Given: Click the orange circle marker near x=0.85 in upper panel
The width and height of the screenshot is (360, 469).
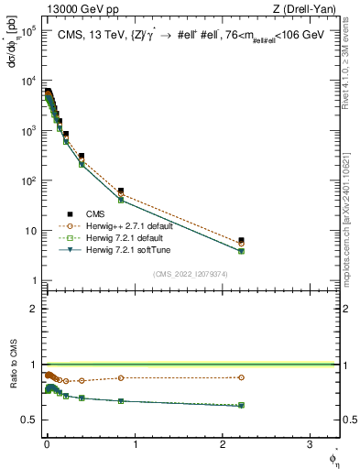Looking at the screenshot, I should (x=121, y=195).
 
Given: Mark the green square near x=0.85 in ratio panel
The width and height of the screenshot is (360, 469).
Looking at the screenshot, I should (x=121, y=401).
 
